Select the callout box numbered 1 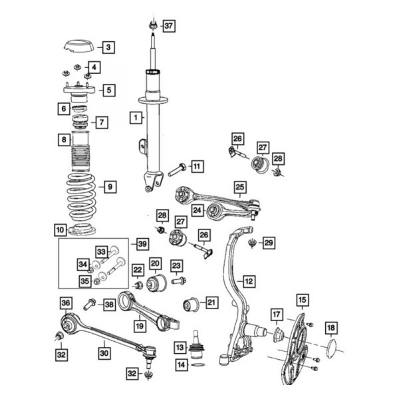click(136, 119)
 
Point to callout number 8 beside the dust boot click(63, 140)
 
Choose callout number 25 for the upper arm click(240, 187)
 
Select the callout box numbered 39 click(142, 244)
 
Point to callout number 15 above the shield click(302, 299)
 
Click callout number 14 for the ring click(180, 364)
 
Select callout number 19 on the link click(140, 326)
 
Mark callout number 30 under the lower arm click(104, 353)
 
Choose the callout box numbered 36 click(66, 304)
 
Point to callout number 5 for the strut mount click(108, 89)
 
